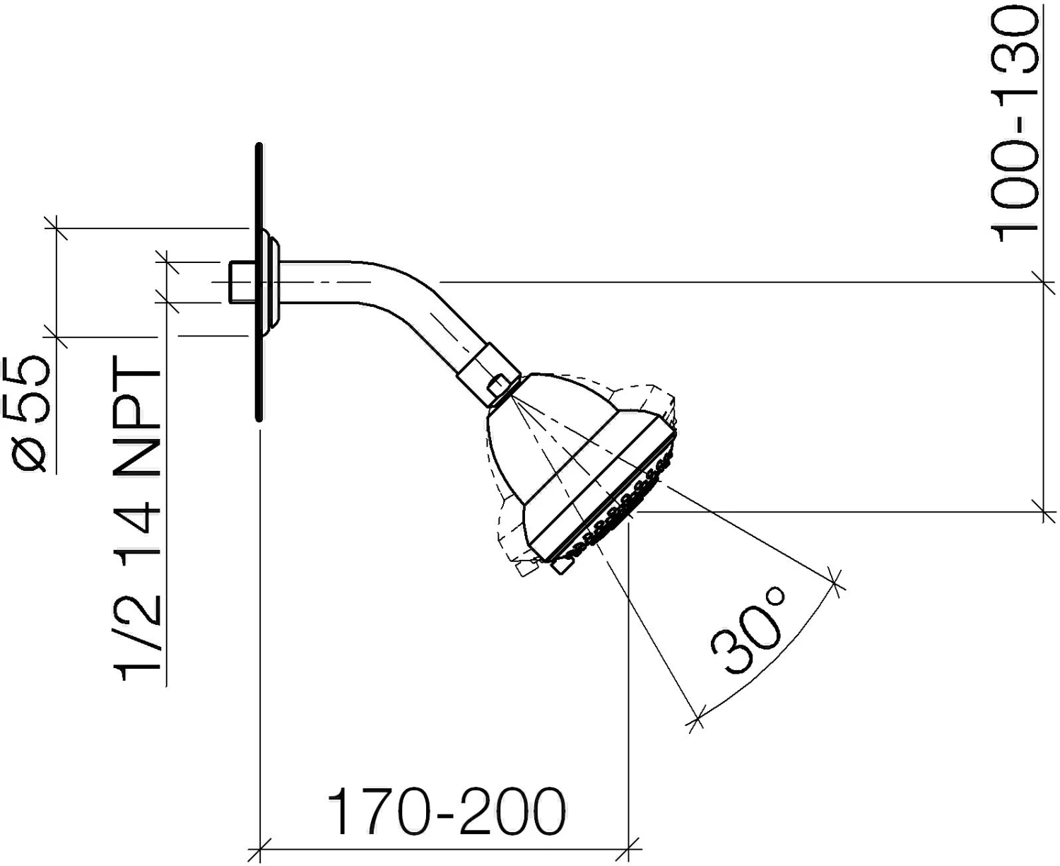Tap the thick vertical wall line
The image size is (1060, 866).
[259, 281]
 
